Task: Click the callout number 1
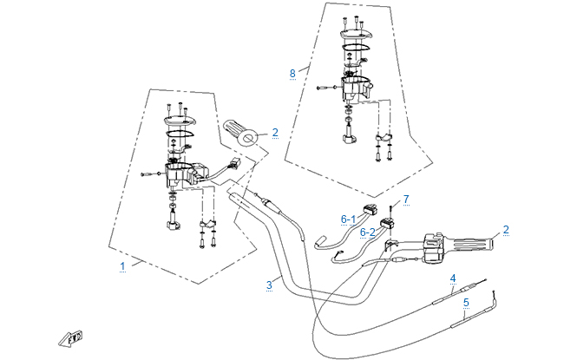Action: [122, 264]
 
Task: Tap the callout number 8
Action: [292, 74]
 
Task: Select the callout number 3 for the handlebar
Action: [270, 285]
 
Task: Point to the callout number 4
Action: [452, 278]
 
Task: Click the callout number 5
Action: [466, 303]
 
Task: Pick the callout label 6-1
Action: [348, 219]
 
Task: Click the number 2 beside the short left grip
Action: [274, 133]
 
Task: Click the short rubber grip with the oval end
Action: [242, 134]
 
